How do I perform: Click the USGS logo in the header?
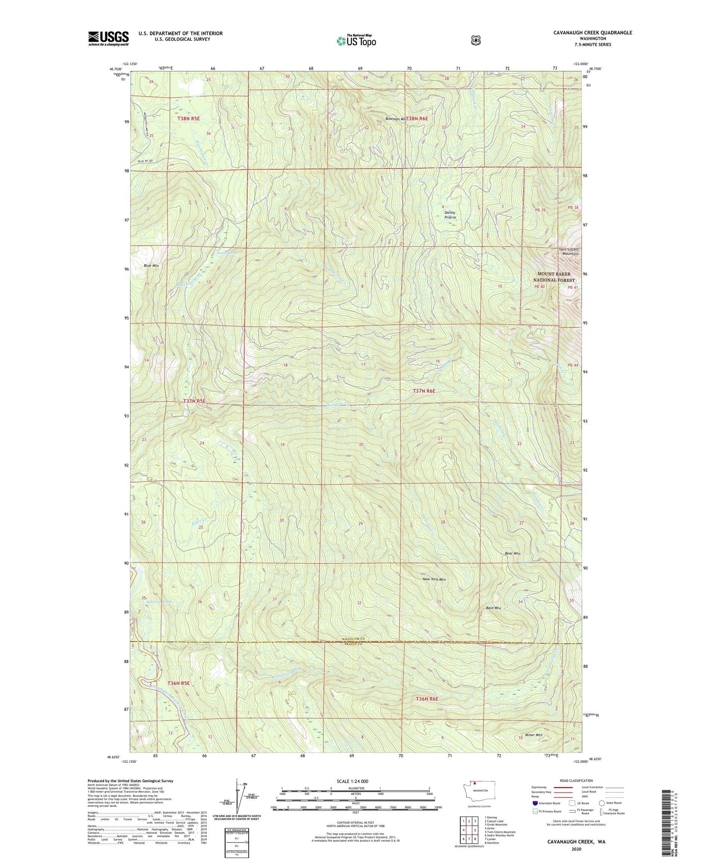tap(108, 38)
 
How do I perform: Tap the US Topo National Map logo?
tap(356, 40)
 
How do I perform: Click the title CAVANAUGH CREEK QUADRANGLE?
tap(592, 33)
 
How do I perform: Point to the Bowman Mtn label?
tap(396, 119)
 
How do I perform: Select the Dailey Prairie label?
tap(450, 215)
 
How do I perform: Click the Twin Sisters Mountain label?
tap(568, 252)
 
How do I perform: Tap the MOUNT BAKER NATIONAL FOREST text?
tap(554, 277)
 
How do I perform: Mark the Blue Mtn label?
tap(151, 266)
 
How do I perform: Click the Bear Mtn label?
tap(512, 553)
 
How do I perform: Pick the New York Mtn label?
tap(434, 579)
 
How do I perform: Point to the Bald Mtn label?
tap(493, 608)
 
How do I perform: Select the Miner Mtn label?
tap(533, 735)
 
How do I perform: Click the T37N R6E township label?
tap(424, 391)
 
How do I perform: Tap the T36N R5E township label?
tap(178, 683)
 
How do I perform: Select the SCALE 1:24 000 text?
tap(352, 782)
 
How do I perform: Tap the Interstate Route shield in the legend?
tap(535, 803)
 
